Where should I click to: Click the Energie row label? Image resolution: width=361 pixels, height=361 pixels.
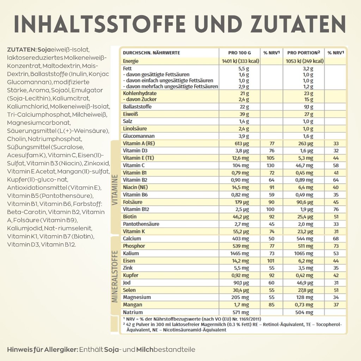coord(131,61)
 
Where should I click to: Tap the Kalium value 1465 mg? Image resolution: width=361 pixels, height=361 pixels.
coord(239,253)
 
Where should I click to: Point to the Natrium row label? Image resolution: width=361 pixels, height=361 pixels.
coord(133,312)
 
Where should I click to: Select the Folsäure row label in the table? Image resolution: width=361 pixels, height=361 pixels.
coord(133,202)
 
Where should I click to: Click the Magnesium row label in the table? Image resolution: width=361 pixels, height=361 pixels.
coord(137,297)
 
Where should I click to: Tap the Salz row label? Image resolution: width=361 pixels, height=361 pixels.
coord(128,121)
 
